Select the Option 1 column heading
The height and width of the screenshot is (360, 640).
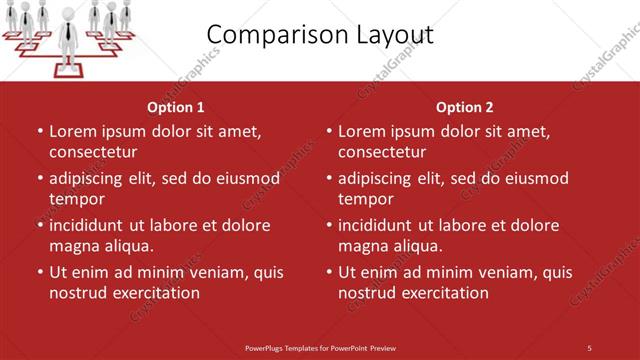[175, 107]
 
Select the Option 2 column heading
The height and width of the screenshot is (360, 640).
[465, 107]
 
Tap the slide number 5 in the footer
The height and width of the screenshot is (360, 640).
[589, 347]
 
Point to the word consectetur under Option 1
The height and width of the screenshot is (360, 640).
[93, 152]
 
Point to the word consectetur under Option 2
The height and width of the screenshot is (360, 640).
[382, 152]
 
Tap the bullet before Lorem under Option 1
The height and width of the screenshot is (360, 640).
[39, 131]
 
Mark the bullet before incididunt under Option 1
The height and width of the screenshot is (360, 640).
[39, 225]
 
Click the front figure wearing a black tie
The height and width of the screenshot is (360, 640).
[67, 30]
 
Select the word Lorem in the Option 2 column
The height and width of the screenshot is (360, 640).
[363, 131]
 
